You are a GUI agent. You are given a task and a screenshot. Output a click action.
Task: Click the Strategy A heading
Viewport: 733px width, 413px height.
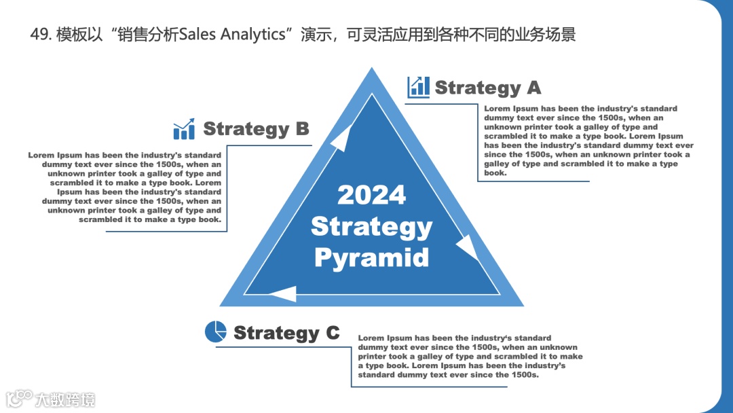pos(487,88)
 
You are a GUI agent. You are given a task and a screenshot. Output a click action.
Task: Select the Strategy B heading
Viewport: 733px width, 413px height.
pos(256,128)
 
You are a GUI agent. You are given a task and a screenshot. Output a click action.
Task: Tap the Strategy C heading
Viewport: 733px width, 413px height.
pos(286,333)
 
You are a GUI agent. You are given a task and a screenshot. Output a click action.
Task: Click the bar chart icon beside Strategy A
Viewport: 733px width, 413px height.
pos(418,87)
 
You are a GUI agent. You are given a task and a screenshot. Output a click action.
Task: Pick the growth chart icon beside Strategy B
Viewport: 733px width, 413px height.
pos(184,128)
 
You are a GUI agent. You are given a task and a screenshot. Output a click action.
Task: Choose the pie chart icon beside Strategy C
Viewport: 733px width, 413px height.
pos(215,331)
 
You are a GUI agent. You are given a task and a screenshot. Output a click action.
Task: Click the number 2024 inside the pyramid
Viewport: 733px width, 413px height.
pos(371,195)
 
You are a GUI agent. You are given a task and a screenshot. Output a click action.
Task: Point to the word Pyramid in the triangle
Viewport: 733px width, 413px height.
pos(371,258)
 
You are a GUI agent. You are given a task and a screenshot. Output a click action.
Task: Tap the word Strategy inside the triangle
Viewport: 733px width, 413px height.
pos(371,226)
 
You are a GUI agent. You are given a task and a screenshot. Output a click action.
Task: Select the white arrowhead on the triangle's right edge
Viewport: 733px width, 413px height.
pos(468,247)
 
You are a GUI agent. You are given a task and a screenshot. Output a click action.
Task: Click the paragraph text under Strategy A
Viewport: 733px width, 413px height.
pos(588,141)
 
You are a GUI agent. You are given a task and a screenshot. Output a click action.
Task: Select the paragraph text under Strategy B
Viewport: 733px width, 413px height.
pos(126,187)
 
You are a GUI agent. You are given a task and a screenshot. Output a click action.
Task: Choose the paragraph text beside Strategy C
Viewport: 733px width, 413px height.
pos(470,356)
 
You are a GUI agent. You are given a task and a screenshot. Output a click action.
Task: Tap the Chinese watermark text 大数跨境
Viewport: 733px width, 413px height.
pos(66,399)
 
